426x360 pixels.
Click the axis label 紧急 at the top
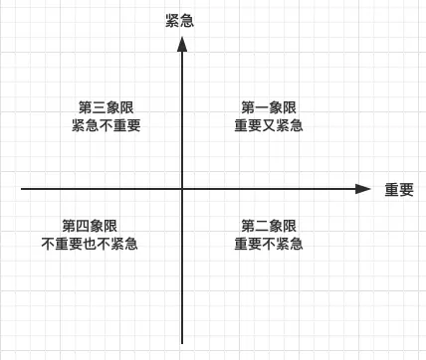pos(179,21)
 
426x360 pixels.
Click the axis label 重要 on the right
pos(399,189)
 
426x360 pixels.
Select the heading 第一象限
pos(269,107)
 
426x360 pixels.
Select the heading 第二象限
pos(269,226)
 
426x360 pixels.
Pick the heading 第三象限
pos(106,107)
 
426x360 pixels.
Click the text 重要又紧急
pos(269,126)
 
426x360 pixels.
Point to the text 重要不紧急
pos(269,245)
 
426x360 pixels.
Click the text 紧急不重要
pos(106,126)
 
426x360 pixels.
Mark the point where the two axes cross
pos(182,188)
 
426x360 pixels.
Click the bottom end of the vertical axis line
pos(182,343)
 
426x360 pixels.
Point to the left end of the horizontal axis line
pos(22,188)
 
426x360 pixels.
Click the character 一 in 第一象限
pos(262,107)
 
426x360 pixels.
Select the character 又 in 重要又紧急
pos(269,126)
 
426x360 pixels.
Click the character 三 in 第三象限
pos(99,107)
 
